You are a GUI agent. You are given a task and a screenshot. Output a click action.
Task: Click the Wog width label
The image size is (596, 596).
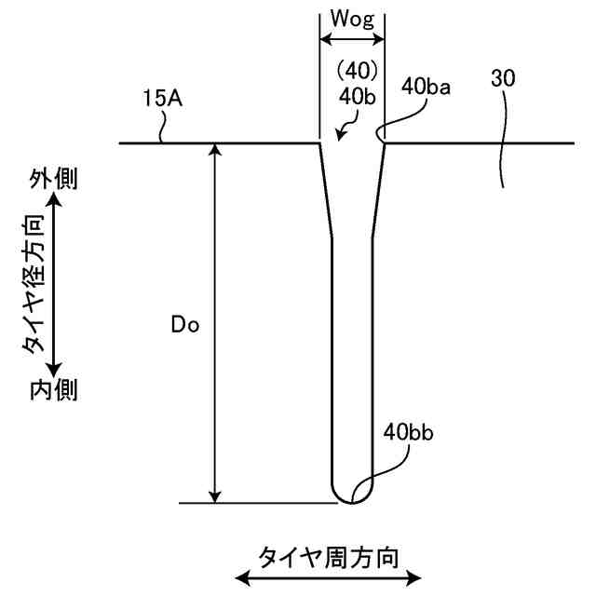click(x=352, y=20)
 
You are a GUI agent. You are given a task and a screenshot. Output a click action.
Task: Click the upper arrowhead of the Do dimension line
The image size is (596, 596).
click(x=215, y=151)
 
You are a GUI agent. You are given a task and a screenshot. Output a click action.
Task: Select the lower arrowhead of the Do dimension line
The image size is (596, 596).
click(x=215, y=495)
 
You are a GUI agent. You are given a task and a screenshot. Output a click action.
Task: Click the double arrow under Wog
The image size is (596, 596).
click(x=352, y=40)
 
